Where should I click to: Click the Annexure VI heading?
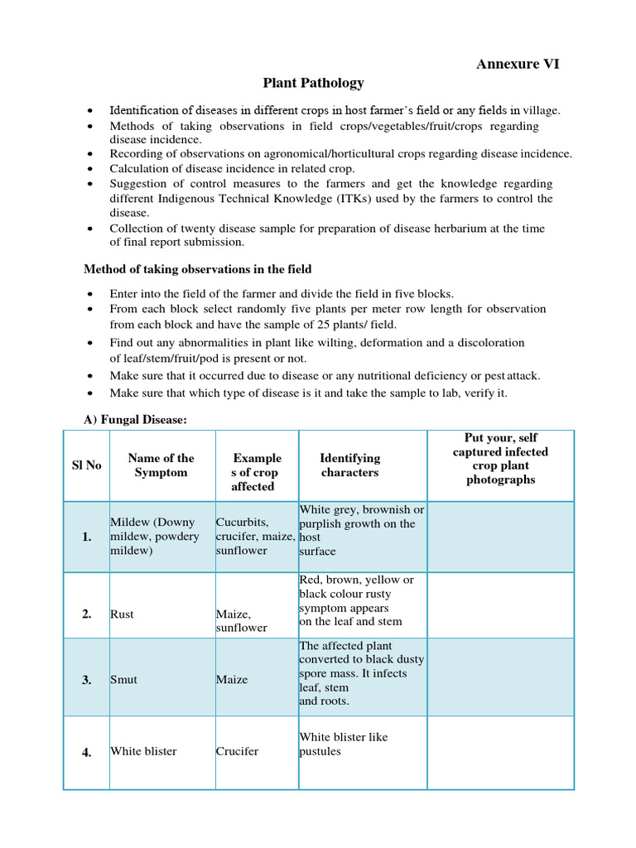click(518, 65)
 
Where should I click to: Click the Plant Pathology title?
click(313, 83)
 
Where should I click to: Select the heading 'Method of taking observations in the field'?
click(197, 269)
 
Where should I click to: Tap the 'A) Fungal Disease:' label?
click(136, 421)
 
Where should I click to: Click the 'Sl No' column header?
click(86, 465)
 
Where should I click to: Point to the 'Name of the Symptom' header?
click(161, 465)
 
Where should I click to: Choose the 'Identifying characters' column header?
click(349, 465)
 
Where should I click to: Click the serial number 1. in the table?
click(86, 537)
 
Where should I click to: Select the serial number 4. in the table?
click(86, 752)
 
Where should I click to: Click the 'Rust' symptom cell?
click(122, 614)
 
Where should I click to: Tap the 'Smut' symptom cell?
click(123, 680)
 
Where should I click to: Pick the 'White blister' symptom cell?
click(143, 752)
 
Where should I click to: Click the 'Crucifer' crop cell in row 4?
click(237, 752)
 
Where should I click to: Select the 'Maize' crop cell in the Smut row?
click(232, 680)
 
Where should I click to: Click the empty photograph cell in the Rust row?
click(500, 605)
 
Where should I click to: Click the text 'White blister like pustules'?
click(343, 744)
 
